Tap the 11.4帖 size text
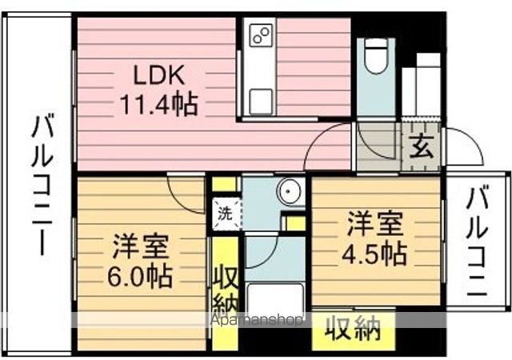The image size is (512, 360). (x=159, y=104)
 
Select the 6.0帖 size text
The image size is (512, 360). (x=141, y=276)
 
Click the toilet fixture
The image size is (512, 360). (x=374, y=56)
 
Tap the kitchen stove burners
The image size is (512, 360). (x=261, y=34)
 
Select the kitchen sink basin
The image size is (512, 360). (x=261, y=101)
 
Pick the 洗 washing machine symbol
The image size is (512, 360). (x=225, y=214)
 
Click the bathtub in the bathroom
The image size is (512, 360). (x=275, y=300)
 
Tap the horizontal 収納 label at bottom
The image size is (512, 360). (x=353, y=328)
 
